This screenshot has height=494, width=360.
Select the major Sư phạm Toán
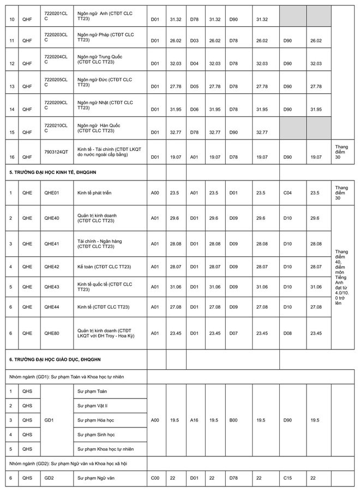92,391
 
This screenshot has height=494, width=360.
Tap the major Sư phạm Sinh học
96,435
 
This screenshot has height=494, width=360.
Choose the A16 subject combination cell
195,420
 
